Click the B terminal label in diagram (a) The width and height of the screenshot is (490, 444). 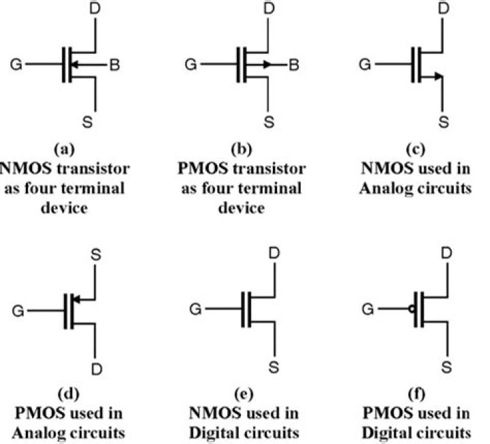116,65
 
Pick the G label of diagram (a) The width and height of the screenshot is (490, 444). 15,65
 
